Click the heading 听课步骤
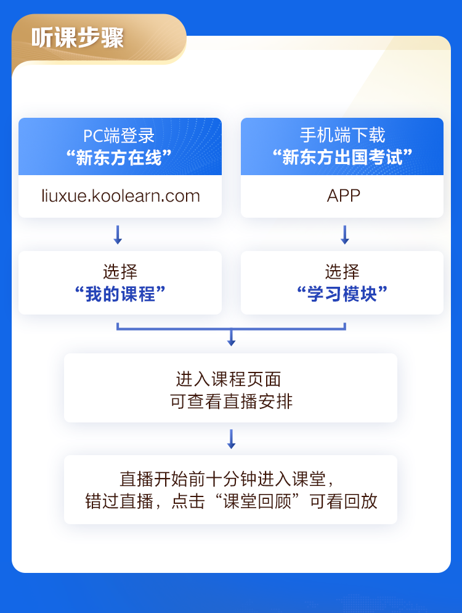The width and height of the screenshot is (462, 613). [78, 38]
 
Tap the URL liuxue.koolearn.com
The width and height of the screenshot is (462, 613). [120, 196]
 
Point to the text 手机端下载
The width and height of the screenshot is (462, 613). [342, 136]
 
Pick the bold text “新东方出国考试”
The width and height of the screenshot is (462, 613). [342, 158]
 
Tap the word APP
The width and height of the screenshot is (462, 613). [343, 196]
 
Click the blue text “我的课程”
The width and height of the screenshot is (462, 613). [120, 294]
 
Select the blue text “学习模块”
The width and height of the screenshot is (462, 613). [342, 294]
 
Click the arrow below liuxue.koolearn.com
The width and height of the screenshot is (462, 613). [118, 234]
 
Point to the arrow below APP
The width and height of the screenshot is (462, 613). [345, 234]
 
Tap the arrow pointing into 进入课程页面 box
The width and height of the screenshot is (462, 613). [231, 338]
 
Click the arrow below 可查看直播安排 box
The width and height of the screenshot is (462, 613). [231, 438]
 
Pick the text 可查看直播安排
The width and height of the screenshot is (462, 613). [231, 402]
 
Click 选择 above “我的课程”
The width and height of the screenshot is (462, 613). [120, 272]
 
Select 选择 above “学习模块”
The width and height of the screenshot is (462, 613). [342, 272]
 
